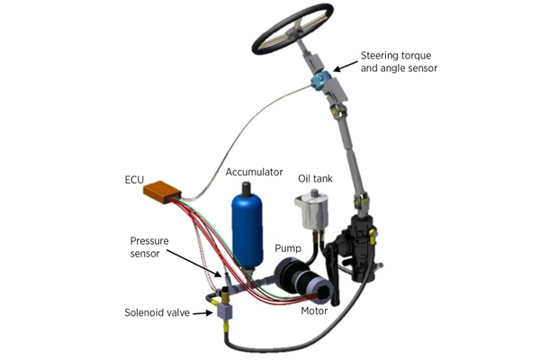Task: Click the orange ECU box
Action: [162, 192]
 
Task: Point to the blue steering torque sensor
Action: [319, 80]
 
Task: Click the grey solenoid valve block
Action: [224, 311]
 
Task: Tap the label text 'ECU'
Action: [134, 180]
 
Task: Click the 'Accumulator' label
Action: [254, 172]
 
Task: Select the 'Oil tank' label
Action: [315, 178]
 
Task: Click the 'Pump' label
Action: [288, 248]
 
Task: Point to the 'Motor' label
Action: [314, 311]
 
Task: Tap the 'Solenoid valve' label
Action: [157, 313]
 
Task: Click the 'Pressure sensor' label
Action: [149, 247]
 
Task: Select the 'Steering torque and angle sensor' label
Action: [399, 62]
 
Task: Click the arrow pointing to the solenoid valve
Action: [202, 313]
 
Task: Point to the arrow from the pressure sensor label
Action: [195, 264]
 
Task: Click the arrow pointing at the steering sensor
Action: [346, 66]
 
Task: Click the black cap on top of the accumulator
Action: [247, 189]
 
